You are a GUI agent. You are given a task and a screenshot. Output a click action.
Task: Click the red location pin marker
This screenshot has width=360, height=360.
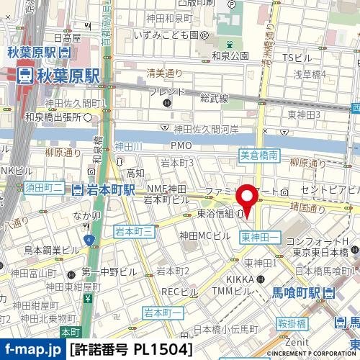[248, 200]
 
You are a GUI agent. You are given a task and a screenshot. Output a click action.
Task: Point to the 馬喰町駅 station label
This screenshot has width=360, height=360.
[297, 293]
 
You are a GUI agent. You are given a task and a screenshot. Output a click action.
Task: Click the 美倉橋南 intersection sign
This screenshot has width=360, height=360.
[258, 155]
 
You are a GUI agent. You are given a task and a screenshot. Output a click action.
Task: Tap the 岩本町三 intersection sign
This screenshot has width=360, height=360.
[134, 231]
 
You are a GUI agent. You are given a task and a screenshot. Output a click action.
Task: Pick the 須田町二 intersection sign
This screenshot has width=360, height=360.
[45, 189]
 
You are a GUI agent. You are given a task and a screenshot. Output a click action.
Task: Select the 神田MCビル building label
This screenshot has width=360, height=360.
[204, 235]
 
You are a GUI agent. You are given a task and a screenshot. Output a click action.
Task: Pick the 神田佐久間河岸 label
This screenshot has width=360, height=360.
[205, 130]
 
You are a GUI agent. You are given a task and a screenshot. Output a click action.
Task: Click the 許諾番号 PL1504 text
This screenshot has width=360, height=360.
[132, 349]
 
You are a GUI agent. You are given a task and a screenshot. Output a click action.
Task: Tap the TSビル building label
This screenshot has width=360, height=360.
[296, 58]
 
